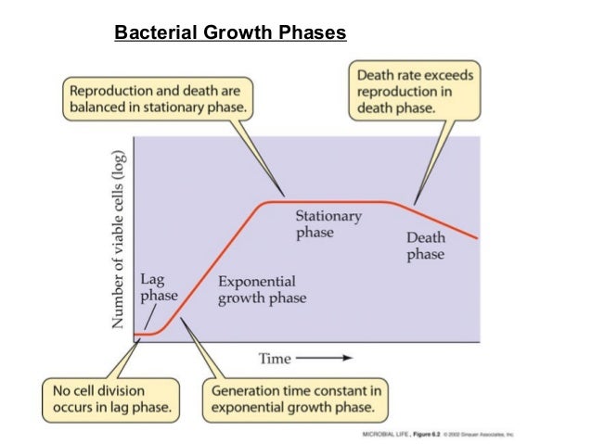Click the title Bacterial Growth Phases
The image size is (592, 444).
click(x=229, y=33)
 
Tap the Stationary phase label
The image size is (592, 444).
click(x=328, y=224)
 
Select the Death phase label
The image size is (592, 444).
click(x=425, y=246)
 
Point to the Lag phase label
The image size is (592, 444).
click(x=158, y=287)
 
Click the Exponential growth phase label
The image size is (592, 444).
click(x=262, y=289)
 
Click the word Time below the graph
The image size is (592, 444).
click(x=275, y=358)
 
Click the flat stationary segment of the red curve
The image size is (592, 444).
click(x=325, y=202)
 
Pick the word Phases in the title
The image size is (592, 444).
click(x=313, y=33)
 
